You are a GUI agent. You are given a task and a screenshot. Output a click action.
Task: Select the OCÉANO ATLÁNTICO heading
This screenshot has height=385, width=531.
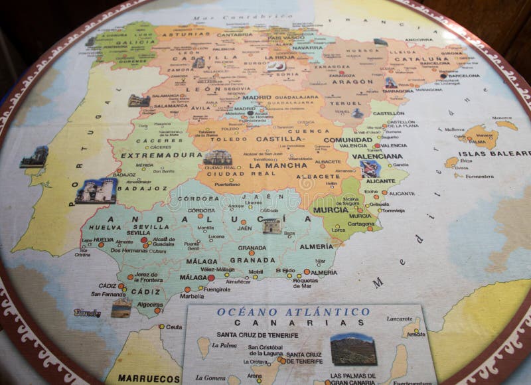click(293, 311)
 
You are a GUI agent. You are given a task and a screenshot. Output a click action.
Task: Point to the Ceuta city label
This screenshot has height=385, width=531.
click(174, 327)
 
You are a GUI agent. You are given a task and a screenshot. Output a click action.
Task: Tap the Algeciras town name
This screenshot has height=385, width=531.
click(150, 304)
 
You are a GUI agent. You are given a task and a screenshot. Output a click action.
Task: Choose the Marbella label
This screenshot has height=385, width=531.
click(192, 296)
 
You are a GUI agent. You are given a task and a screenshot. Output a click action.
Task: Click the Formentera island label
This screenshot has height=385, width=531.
click(479, 176)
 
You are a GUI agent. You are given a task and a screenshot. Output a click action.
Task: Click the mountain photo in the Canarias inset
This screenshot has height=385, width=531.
click(353, 349)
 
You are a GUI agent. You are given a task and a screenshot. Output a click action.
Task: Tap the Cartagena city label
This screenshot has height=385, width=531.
click(361, 224)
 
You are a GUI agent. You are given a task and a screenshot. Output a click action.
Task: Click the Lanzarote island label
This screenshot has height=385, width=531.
click(399, 319)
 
